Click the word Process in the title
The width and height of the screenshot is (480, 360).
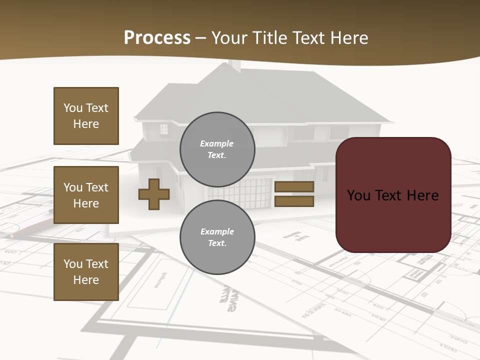pyautogui.click(x=157, y=38)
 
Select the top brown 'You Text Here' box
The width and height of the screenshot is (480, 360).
pyautogui.click(x=86, y=116)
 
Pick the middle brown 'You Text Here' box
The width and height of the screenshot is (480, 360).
pyautogui.click(x=86, y=195)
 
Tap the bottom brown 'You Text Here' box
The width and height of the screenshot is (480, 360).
pyautogui.click(x=86, y=272)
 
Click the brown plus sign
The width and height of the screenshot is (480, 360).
pyautogui.click(x=154, y=194)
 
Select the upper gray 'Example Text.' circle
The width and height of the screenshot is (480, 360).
pyautogui.click(x=217, y=149)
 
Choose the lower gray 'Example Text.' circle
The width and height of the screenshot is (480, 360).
pyautogui.click(x=217, y=237)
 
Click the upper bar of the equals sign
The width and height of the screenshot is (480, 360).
pyautogui.click(x=294, y=186)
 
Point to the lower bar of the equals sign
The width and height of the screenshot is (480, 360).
pyautogui.click(x=294, y=201)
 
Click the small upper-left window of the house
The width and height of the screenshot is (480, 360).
pyautogui.click(x=164, y=129)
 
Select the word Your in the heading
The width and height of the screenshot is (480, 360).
pyautogui.click(x=229, y=38)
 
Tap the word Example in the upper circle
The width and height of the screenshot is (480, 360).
pyautogui.click(x=217, y=143)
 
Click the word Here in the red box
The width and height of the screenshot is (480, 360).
pyautogui.click(x=423, y=195)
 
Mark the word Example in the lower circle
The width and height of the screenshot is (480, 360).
pyautogui.click(x=217, y=231)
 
